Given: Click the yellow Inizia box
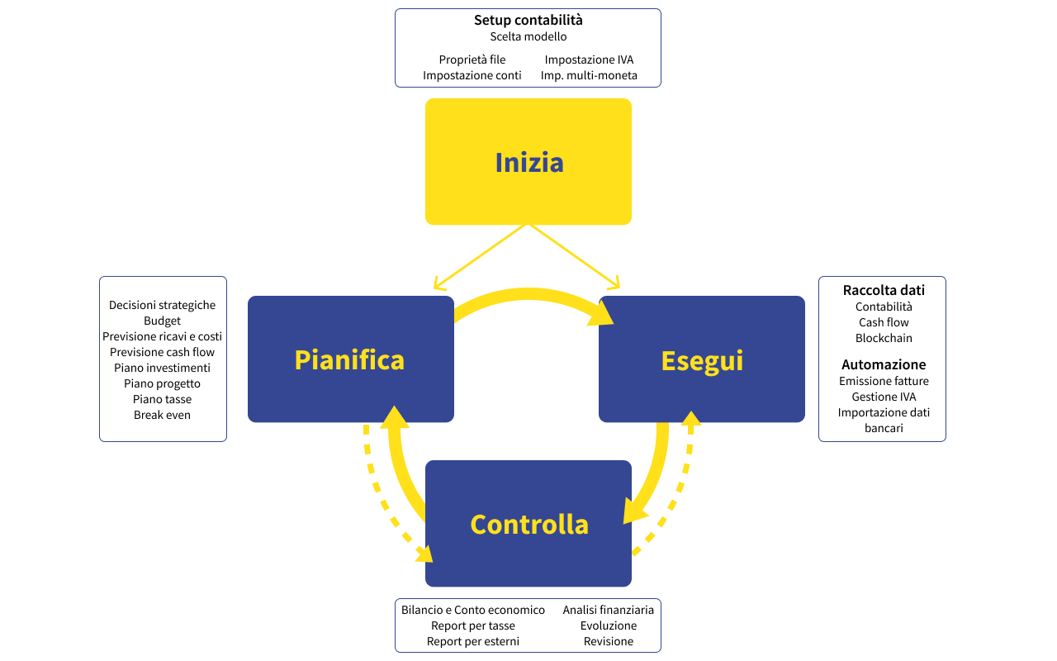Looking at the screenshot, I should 528,162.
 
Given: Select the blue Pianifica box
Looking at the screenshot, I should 350,359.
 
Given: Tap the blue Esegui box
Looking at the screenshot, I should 702,359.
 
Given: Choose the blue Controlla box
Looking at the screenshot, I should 528,524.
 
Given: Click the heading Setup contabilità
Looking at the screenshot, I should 528,20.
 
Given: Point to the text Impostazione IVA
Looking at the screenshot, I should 589,59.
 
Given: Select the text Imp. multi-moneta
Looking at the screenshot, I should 589,75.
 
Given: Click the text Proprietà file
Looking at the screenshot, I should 472,59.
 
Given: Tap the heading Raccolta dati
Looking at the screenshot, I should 884,290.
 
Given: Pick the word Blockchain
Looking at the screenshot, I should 884,338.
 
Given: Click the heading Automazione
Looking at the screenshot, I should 884,364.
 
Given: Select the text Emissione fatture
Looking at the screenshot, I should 884,381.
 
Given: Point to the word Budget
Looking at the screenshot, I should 162,321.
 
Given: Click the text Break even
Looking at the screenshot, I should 162,415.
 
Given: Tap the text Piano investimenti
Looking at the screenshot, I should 162,368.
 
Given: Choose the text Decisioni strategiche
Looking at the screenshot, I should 162,305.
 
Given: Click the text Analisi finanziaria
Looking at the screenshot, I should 608,610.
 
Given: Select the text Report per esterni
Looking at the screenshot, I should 472,641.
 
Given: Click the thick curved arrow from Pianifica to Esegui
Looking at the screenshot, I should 528,294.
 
